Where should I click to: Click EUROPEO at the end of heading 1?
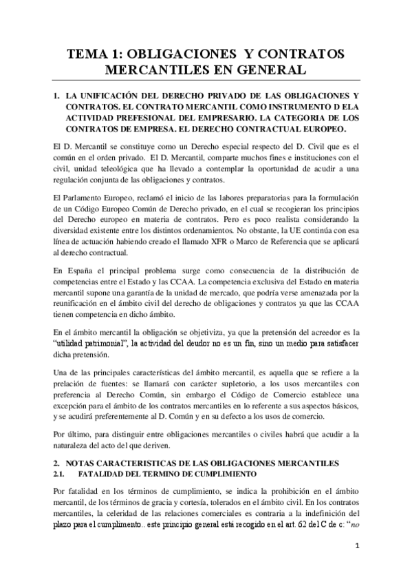(x=322, y=129)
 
